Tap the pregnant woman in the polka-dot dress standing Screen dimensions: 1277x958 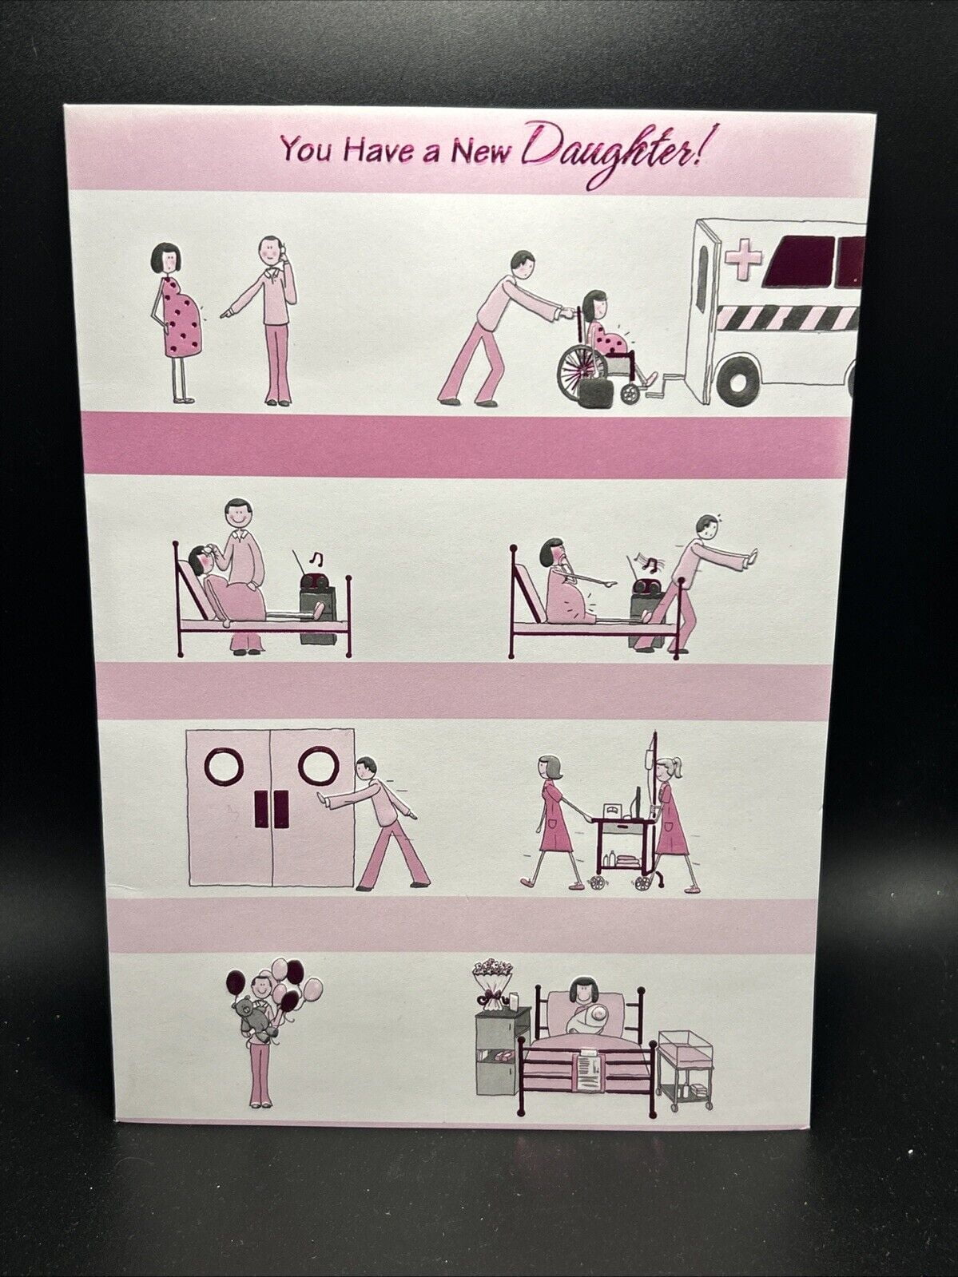[x=179, y=319]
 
